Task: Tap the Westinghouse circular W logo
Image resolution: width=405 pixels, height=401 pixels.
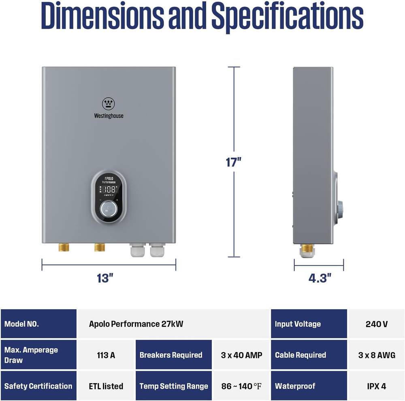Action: [x=108, y=104]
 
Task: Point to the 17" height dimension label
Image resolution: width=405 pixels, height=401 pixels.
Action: [x=234, y=162]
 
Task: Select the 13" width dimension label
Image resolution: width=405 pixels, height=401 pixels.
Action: [x=105, y=278]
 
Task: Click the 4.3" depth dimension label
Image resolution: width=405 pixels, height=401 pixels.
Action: [x=320, y=278]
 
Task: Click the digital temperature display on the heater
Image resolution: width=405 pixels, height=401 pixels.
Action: [x=109, y=189]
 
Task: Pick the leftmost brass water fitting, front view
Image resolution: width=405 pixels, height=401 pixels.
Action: [x=64, y=247]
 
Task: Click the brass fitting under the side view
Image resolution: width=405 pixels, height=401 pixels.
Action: [x=307, y=248]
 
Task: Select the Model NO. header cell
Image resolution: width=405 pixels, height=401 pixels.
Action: [x=38, y=324]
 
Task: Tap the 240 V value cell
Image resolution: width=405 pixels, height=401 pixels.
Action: [x=376, y=324]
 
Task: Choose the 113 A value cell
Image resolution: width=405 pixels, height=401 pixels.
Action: [x=106, y=355]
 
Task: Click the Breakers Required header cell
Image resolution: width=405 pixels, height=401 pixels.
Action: [x=173, y=355]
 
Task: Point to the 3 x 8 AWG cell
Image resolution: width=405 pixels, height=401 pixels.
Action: [x=376, y=355]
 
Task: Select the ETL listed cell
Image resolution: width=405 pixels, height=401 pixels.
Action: [x=106, y=386]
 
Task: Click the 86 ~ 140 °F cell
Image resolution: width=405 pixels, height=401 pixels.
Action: [x=241, y=386]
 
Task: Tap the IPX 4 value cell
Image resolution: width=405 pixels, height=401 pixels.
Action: [x=376, y=386]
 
